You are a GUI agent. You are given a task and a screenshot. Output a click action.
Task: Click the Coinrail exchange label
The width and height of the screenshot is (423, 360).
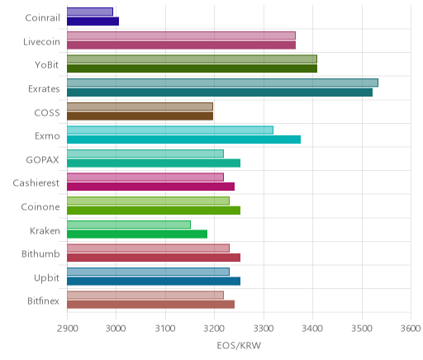[x=42, y=18]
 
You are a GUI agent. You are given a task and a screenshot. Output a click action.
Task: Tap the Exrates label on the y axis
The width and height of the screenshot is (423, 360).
[x=44, y=89]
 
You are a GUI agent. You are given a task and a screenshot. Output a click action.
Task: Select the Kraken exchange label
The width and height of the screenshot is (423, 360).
[x=45, y=230]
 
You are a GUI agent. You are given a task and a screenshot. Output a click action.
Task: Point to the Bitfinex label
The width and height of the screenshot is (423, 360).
[x=43, y=301]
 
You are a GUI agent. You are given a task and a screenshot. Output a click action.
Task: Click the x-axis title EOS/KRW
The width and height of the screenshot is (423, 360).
[x=239, y=345]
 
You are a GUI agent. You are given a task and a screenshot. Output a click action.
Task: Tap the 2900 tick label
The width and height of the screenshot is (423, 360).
[x=67, y=329]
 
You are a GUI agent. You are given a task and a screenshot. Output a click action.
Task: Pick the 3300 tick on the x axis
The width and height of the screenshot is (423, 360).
[x=264, y=329]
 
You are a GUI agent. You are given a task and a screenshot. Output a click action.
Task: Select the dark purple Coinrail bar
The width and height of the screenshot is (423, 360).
[x=93, y=21]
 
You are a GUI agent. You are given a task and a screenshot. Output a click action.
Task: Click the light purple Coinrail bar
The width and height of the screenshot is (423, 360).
[x=90, y=12]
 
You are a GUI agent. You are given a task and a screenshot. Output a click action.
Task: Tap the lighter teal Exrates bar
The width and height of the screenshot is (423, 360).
[x=222, y=83]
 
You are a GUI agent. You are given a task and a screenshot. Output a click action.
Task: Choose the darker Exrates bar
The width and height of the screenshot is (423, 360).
[x=220, y=92]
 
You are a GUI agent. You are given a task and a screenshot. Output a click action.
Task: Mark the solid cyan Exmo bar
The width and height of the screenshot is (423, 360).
[x=183, y=140]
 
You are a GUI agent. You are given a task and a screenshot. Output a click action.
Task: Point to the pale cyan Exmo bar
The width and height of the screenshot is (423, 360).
[x=170, y=130]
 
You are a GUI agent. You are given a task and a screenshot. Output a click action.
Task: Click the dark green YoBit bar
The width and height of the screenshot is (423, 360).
[x=192, y=69]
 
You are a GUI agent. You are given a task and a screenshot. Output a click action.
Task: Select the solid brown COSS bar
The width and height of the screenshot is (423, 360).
[x=140, y=116]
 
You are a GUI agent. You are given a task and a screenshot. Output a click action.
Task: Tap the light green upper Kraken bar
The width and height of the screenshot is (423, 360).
[x=129, y=225]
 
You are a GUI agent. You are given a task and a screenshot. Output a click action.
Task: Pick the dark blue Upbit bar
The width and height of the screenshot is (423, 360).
[x=154, y=282]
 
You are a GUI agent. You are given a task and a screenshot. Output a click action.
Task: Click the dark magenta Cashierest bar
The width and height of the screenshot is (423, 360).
[x=150, y=187]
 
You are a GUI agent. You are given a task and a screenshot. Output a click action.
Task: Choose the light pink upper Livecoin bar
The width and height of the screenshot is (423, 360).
[x=181, y=36]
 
